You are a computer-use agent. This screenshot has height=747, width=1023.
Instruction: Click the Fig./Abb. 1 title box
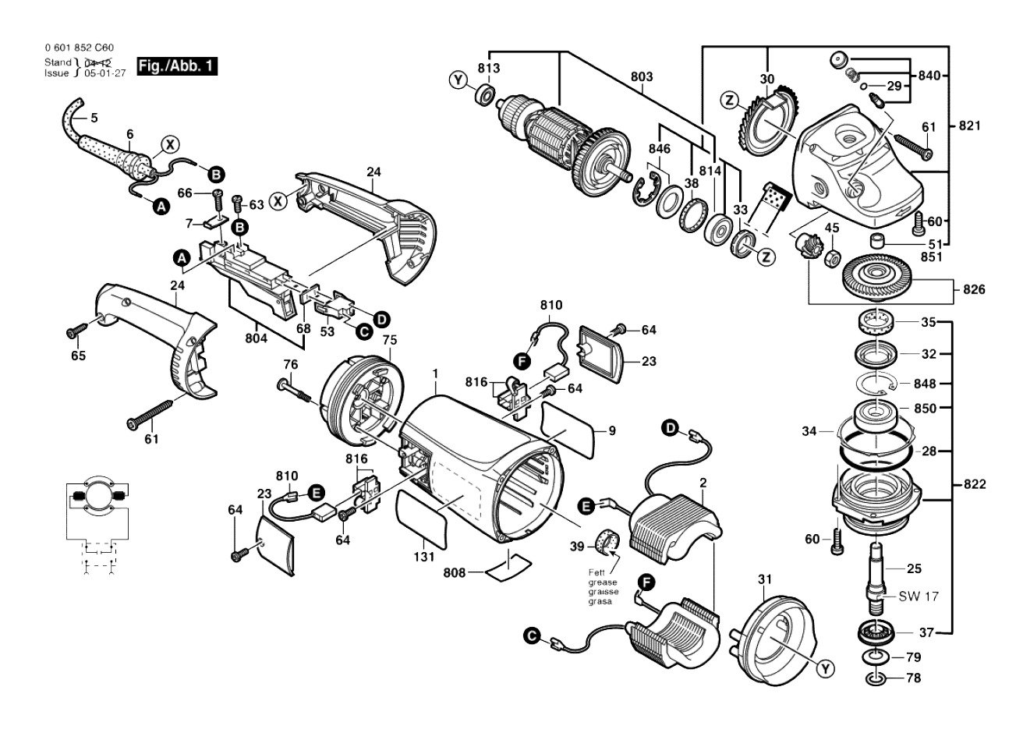[177, 66]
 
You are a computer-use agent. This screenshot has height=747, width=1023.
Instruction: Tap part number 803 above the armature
[642, 76]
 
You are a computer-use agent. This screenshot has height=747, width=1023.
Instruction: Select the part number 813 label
[489, 68]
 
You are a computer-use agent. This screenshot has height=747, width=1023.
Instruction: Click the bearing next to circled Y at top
[485, 95]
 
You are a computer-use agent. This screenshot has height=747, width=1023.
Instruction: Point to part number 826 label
[974, 289]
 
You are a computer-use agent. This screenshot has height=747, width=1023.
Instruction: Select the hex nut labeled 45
[832, 259]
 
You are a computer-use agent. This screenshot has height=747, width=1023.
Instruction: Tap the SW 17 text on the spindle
[919, 597]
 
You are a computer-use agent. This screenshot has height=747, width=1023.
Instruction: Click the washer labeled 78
[876, 678]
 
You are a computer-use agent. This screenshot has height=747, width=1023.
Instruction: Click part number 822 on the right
[975, 484]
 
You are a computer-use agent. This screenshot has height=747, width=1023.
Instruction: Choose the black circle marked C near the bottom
[532, 636]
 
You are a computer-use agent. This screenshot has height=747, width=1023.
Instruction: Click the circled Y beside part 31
[825, 669]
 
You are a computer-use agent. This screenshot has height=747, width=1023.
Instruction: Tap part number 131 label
[424, 557]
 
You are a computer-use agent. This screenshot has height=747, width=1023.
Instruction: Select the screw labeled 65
[77, 331]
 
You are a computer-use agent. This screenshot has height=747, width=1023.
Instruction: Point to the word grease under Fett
[603, 582]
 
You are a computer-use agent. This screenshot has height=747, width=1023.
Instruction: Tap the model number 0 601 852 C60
[80, 48]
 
